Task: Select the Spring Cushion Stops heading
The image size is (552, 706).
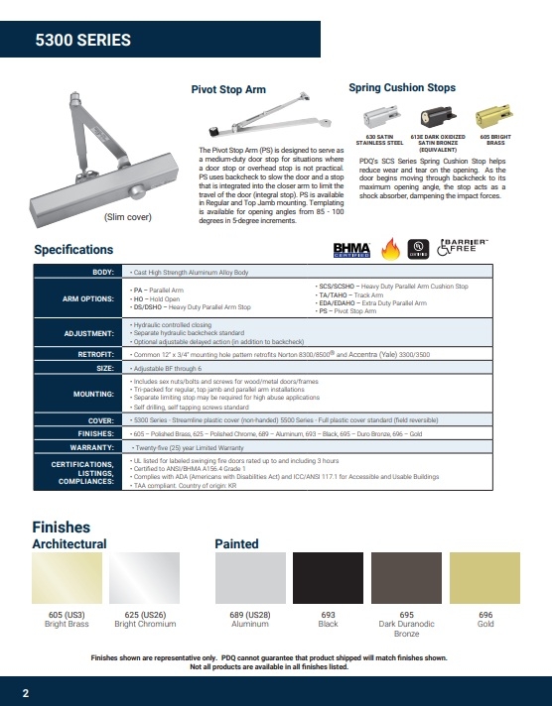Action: click(x=402, y=88)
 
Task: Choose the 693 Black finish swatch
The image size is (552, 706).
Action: click(x=328, y=579)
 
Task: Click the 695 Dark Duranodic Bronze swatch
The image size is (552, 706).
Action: click(x=406, y=579)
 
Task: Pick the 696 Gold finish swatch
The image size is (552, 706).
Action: click(x=484, y=579)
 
